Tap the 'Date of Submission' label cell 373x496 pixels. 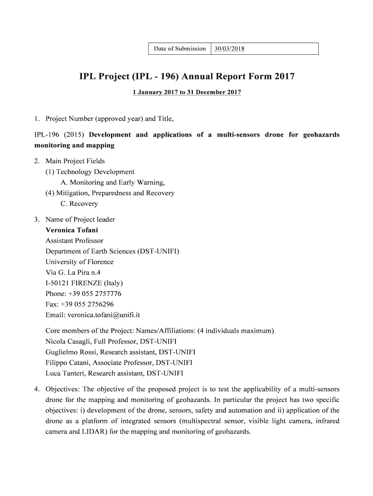click(x=180, y=48)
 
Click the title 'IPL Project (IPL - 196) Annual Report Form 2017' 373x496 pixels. click(x=187, y=77)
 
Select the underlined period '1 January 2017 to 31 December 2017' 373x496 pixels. click(x=187, y=92)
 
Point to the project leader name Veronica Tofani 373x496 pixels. click(x=72, y=230)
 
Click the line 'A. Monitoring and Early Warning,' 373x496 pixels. click(x=113, y=183)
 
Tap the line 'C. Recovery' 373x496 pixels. click(x=79, y=204)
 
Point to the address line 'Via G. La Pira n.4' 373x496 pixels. click(x=73, y=273)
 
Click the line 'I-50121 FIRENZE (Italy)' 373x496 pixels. click(x=84, y=283)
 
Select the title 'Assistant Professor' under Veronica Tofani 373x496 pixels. click(x=75, y=241)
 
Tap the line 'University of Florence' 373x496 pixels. click(x=79, y=262)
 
